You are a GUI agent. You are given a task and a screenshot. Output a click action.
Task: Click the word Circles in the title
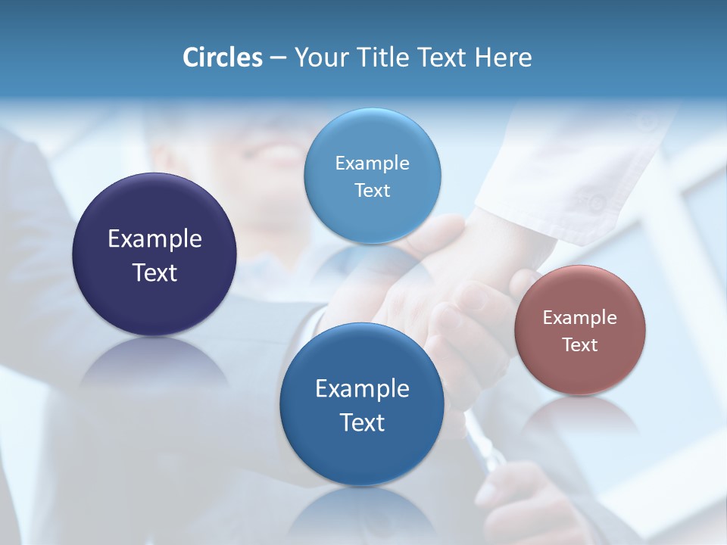pyautogui.click(x=222, y=58)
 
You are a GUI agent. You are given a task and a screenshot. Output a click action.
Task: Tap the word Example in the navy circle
pyautogui.click(x=154, y=239)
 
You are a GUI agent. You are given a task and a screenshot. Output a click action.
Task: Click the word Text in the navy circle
pyautogui.click(x=154, y=272)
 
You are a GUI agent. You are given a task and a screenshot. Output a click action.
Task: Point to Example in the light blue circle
pyautogui.click(x=372, y=163)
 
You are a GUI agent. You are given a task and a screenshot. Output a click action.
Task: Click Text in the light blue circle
pyautogui.click(x=372, y=190)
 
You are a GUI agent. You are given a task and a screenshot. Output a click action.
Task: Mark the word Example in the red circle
pyautogui.click(x=579, y=318)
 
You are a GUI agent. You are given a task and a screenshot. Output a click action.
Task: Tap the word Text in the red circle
pyautogui.click(x=579, y=344)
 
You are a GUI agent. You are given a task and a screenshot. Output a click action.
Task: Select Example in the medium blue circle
pyautogui.click(x=362, y=389)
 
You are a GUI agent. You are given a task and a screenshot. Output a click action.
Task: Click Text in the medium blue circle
pyautogui.click(x=362, y=422)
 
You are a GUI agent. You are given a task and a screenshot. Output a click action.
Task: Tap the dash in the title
pyautogui.click(x=278, y=58)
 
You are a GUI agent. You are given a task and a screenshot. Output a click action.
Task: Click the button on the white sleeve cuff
pyautogui.click(x=598, y=202)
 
